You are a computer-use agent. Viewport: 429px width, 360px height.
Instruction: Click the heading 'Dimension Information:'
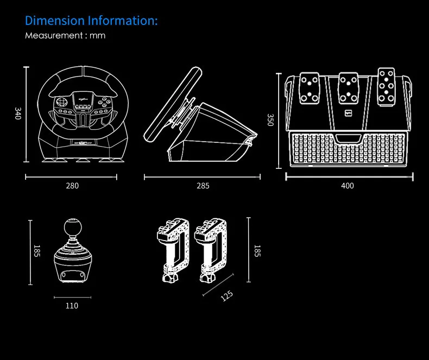coord(91,21)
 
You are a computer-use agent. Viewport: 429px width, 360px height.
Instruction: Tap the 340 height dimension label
coord(18,113)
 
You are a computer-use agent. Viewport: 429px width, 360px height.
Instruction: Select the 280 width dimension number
coord(72,186)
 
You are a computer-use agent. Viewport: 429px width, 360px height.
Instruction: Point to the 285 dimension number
coord(203,186)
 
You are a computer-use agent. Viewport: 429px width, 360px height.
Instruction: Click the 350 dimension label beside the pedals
coord(270,120)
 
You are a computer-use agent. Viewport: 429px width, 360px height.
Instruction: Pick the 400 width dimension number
coord(348,186)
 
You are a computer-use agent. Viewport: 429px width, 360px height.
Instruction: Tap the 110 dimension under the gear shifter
coord(72,306)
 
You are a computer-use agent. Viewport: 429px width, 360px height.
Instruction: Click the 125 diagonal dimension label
coord(227,296)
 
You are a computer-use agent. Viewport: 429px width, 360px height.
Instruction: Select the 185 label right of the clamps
coord(257,251)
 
